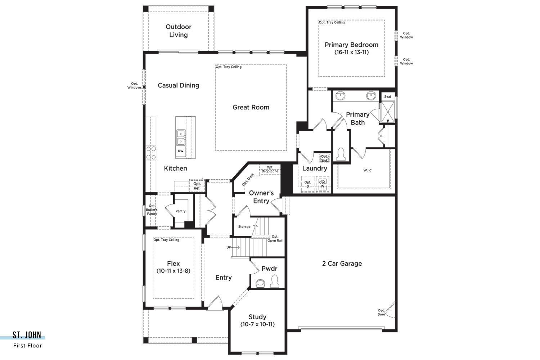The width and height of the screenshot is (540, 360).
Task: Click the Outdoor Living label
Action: [x=179, y=31]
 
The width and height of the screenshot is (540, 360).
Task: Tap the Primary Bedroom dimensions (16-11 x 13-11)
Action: [x=351, y=52]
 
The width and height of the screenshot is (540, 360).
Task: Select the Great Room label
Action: [x=251, y=107]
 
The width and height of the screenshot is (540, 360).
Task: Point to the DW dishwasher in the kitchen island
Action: [x=181, y=151]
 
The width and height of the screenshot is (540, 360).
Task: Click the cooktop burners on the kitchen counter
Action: [x=151, y=153]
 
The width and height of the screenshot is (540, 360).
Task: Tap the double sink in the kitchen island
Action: [x=181, y=138]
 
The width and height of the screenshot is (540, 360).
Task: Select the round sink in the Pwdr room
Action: [x=260, y=284]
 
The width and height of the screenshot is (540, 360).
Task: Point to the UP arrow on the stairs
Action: [x=233, y=247]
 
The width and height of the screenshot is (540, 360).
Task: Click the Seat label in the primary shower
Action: [x=388, y=97]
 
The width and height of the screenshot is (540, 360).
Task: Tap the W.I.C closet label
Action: [x=368, y=170]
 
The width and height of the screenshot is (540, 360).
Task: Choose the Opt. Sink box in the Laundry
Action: [x=324, y=158]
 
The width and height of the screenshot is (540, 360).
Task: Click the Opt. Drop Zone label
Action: [x=270, y=169]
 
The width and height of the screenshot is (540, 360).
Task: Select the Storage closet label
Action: [x=244, y=227]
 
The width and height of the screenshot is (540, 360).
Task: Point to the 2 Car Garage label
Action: [x=342, y=264]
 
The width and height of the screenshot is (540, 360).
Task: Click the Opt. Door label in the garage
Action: [x=381, y=312]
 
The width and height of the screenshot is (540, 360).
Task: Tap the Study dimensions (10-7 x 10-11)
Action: [x=257, y=325]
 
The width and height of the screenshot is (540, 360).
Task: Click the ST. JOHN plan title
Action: [x=27, y=335]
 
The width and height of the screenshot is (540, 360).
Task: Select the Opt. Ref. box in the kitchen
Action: [x=197, y=186]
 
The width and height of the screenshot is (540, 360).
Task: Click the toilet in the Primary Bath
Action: [x=341, y=154]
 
